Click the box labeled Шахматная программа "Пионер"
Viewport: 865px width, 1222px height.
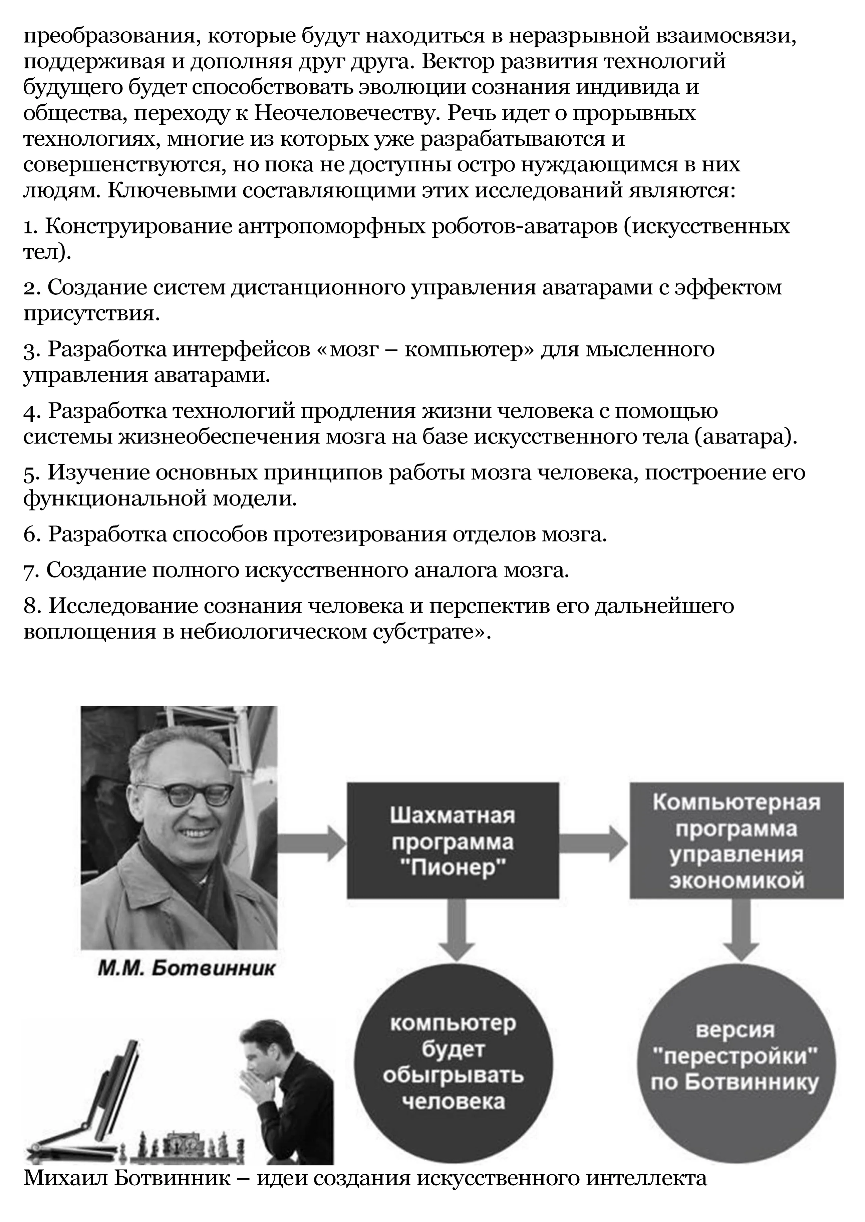(x=453, y=842)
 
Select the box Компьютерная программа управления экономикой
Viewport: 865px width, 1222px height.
(x=737, y=842)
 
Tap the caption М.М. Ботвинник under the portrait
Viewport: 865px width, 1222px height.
(x=187, y=968)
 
